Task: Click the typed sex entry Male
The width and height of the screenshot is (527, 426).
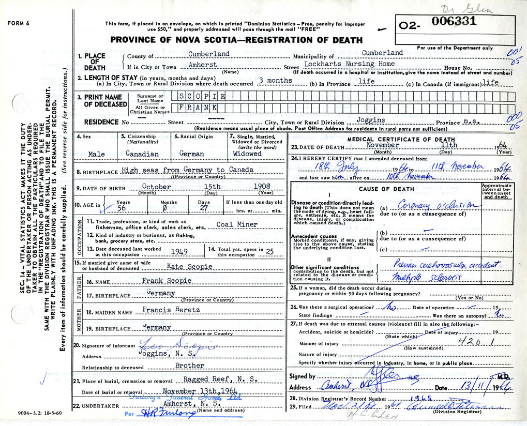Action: pos(96,154)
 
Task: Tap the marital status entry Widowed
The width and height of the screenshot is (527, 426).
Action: pos(247,154)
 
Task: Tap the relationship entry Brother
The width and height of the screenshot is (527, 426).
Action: pos(190,365)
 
